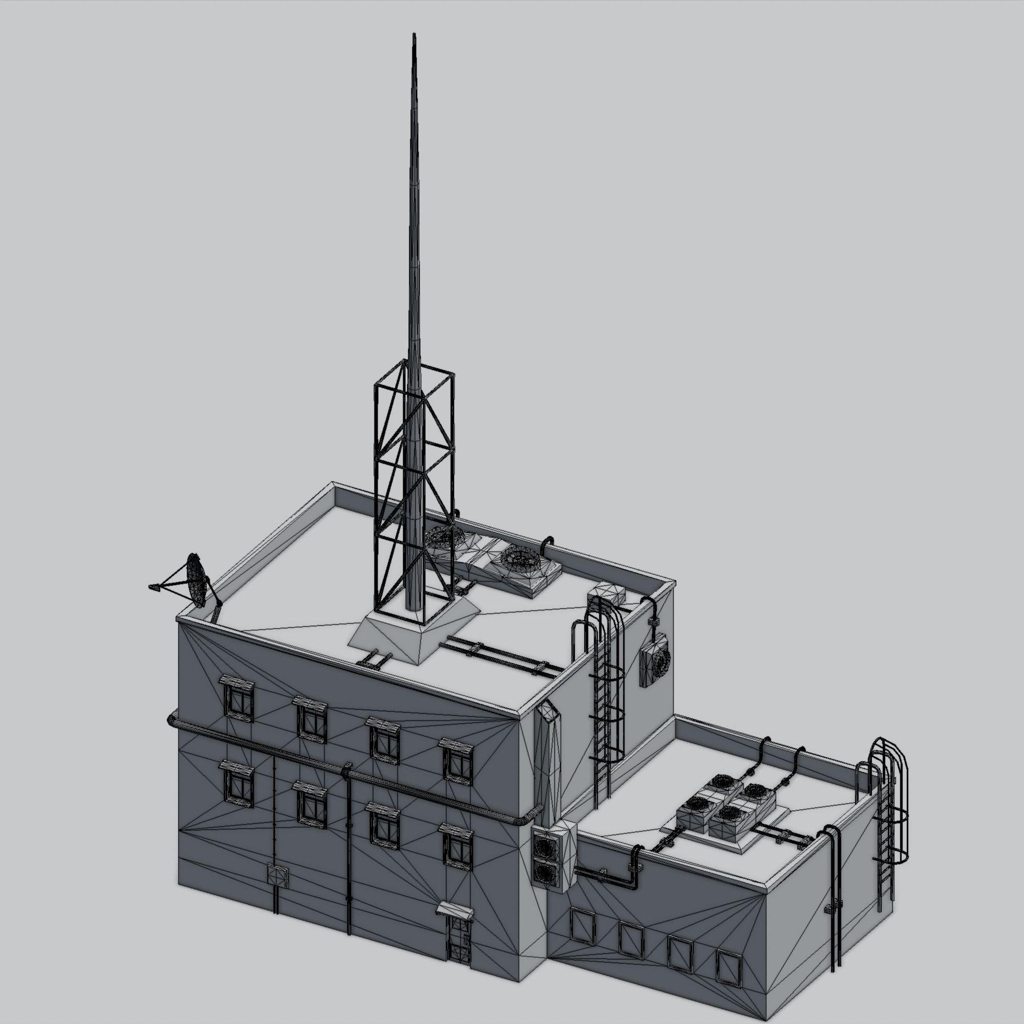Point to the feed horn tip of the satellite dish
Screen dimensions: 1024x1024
pyautogui.click(x=154, y=587)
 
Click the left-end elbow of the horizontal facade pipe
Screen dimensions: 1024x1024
pyautogui.click(x=172, y=720)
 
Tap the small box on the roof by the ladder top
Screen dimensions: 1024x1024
pyautogui.click(x=606, y=592)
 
